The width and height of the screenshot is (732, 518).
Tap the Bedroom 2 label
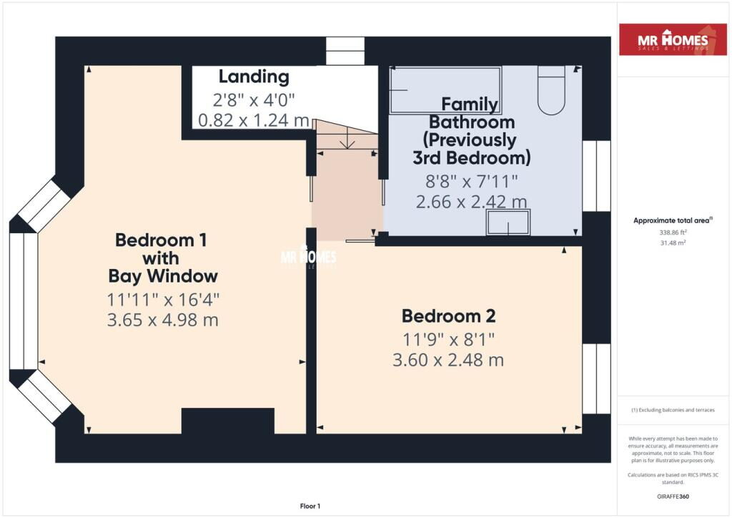[x=449, y=316]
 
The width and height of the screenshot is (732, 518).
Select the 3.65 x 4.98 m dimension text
[x=163, y=320]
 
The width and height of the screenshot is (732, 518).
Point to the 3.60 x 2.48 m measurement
[x=448, y=360]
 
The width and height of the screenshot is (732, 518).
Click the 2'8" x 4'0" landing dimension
[x=254, y=99]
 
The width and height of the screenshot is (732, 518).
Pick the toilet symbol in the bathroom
[x=551, y=89]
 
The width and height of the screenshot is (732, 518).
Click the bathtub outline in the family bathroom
[x=445, y=89]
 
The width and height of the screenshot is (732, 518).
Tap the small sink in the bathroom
[x=508, y=223]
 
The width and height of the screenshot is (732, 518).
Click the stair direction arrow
[x=347, y=140]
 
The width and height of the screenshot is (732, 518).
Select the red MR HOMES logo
[x=673, y=39]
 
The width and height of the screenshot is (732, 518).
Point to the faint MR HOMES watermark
[x=308, y=256]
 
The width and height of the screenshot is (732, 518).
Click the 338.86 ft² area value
[x=673, y=232]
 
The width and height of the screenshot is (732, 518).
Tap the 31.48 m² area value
[x=673, y=243]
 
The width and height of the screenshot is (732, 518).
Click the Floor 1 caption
[x=310, y=506]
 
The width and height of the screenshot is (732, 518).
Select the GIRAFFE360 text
[x=673, y=497]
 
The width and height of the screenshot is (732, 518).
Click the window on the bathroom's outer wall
[x=597, y=175]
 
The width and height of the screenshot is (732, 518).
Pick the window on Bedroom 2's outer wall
[x=597, y=378]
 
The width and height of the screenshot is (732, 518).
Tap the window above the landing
[x=345, y=51]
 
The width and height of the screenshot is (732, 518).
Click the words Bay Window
[x=163, y=276]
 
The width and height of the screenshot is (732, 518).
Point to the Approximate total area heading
[x=673, y=220]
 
